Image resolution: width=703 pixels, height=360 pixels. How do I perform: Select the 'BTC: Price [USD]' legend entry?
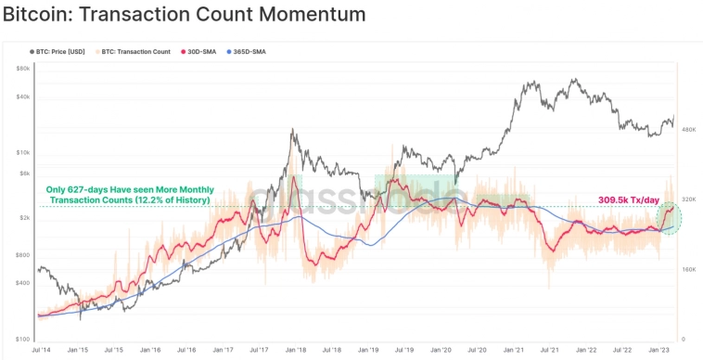(x=60, y=51)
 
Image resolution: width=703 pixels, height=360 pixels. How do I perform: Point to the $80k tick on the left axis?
(x=24, y=69)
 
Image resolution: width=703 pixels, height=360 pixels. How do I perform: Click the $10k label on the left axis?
(x=24, y=152)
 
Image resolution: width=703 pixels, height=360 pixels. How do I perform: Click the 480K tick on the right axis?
(x=689, y=130)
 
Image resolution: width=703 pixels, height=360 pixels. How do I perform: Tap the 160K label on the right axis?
(x=689, y=269)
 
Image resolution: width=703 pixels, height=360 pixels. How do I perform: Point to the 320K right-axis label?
(x=689, y=199)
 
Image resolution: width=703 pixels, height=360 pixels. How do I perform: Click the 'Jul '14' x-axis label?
(x=41, y=350)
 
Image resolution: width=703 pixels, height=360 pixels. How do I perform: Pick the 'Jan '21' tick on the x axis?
(x=515, y=350)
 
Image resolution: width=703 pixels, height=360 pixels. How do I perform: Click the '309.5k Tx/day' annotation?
(x=626, y=199)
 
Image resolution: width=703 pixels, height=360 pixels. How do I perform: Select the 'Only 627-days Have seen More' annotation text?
(x=128, y=188)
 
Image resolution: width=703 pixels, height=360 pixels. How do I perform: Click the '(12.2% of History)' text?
(x=170, y=200)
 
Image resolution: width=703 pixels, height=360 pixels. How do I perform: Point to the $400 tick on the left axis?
(x=24, y=283)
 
